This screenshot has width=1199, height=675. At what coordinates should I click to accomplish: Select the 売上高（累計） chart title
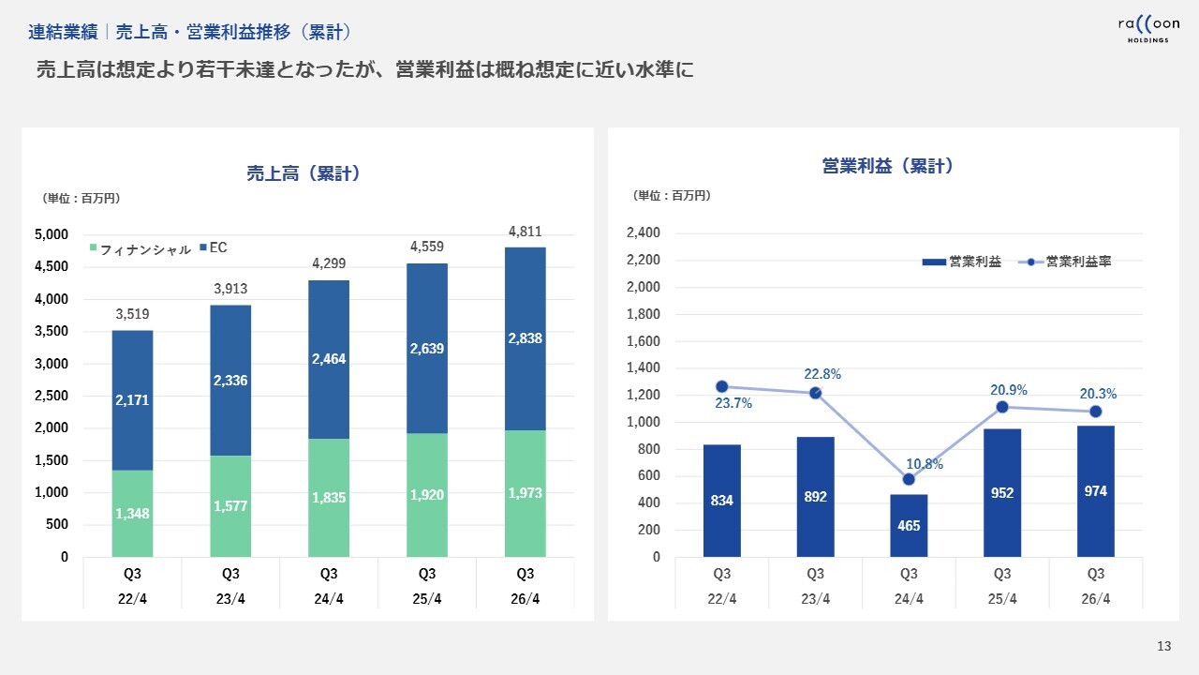[x=303, y=173]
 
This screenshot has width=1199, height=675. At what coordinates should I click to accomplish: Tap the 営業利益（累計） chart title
[x=886, y=166]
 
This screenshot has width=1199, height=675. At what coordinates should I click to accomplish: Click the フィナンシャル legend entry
[x=140, y=249]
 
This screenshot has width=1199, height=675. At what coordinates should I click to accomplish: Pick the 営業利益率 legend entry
[x=1069, y=262]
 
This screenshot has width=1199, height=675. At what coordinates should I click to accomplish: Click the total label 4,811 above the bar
[x=525, y=231]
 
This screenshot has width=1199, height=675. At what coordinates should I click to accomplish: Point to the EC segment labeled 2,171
[x=132, y=400]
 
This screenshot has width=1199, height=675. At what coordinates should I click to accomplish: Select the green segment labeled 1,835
[x=329, y=498]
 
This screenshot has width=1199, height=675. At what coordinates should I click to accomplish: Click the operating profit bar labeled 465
[x=909, y=526]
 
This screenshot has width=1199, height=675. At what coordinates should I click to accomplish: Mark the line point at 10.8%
[x=909, y=480]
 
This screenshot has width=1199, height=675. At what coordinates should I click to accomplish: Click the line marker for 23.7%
[x=722, y=386]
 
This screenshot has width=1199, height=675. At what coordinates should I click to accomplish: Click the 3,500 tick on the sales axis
[x=52, y=331]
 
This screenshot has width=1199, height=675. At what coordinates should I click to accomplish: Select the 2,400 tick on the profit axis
[x=643, y=232]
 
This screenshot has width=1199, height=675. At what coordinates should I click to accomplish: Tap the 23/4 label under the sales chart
[x=230, y=599]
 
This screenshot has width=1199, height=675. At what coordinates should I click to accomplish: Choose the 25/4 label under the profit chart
[x=1002, y=599]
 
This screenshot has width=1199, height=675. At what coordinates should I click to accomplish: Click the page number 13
[x=1164, y=646]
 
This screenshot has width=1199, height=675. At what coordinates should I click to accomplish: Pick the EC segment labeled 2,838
[x=525, y=337]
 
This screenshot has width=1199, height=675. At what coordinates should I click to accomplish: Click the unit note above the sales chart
[x=81, y=198]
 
